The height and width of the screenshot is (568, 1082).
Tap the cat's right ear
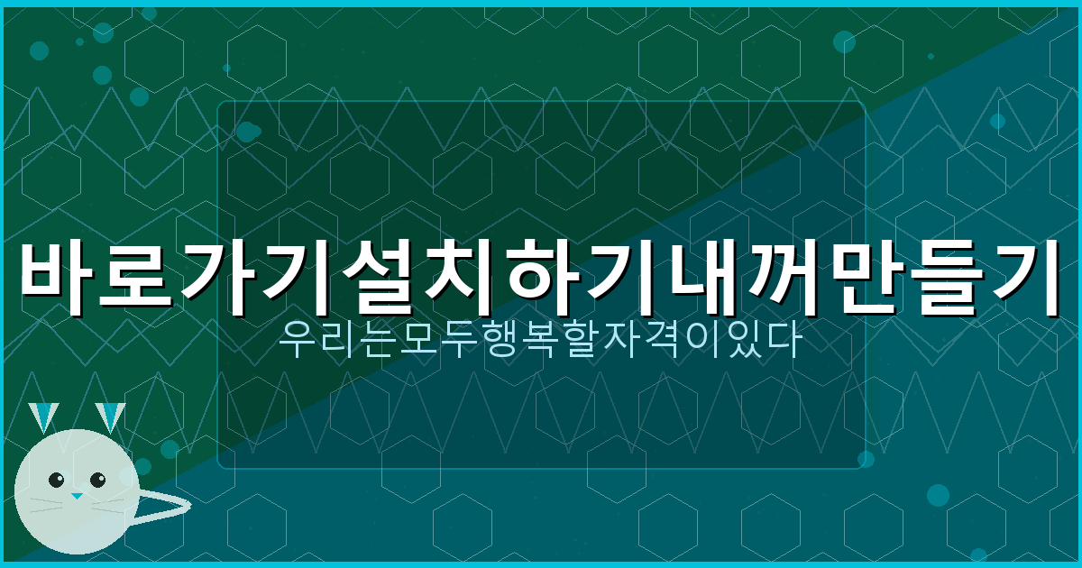[111, 417]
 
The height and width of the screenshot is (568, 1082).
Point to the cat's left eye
[56, 480]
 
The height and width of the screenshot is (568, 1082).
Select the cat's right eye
[97, 480]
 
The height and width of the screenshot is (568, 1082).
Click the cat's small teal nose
[77, 496]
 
